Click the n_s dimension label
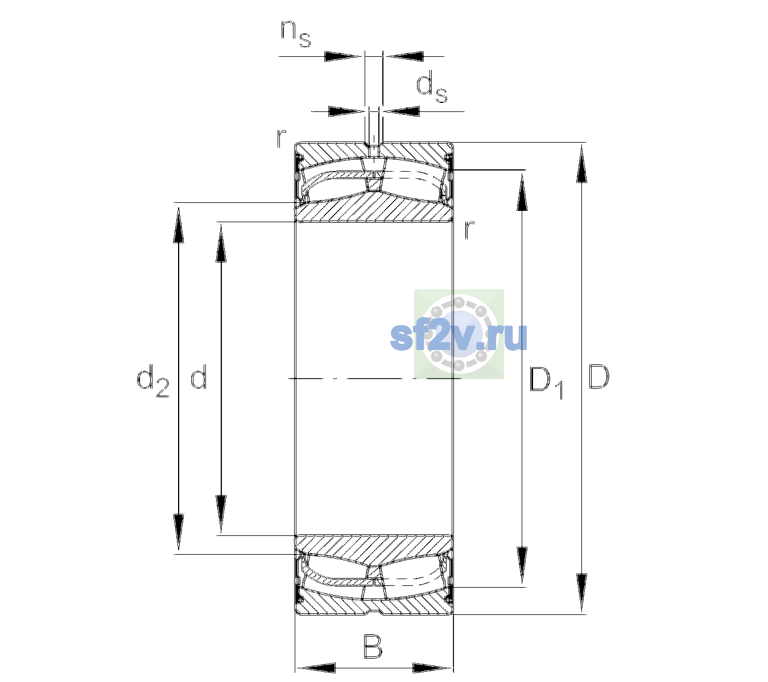coord(296,34)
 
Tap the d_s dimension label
coord(432,89)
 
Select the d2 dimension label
coord(153,381)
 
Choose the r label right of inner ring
coord(469,230)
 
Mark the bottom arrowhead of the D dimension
coord(581,593)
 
